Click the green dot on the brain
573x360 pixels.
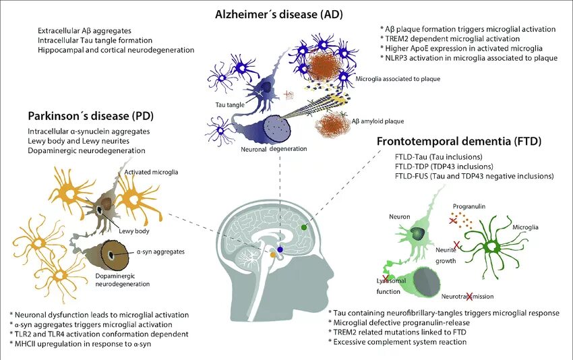coord(304,227)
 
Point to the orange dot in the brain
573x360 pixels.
coord(272,255)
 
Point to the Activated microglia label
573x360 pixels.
coord(151,173)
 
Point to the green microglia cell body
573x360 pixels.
coord(497,247)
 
